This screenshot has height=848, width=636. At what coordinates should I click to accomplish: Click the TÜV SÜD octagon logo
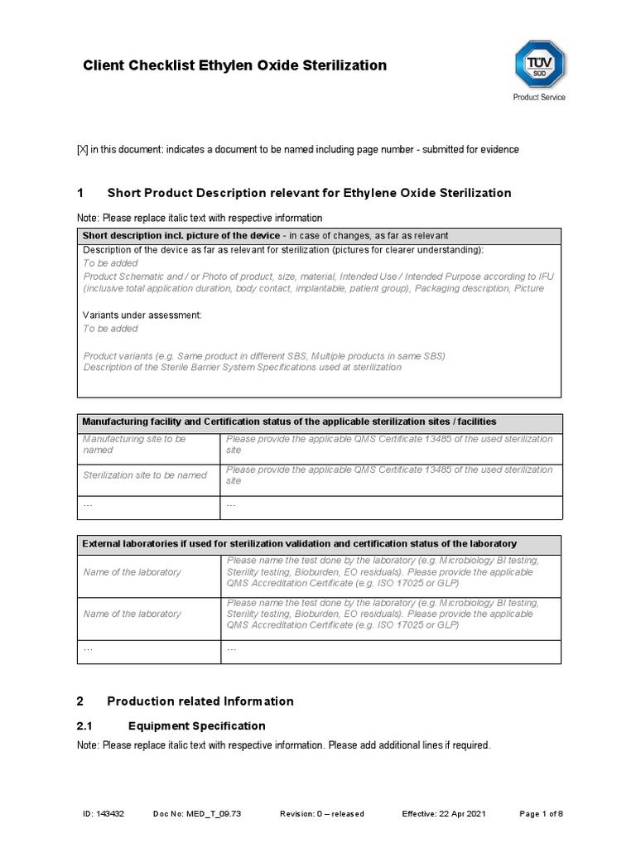539,65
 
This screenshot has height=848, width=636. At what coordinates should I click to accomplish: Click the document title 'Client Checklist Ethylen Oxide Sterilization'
234,65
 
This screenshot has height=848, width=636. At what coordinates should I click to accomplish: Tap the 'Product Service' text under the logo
539,98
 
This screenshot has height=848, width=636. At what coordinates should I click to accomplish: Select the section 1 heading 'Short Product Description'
309,193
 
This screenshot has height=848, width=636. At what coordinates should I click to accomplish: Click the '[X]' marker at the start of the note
82,150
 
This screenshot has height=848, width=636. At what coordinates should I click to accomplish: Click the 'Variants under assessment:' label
142,316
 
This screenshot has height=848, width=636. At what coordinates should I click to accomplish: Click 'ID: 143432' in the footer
104,814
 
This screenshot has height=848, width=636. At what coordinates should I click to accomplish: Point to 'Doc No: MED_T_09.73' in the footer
198,814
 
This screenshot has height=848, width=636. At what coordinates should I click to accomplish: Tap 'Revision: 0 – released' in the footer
322,814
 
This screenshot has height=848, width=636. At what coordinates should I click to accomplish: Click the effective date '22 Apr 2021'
465,814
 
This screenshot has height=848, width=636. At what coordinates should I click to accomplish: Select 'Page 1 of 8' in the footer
541,814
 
